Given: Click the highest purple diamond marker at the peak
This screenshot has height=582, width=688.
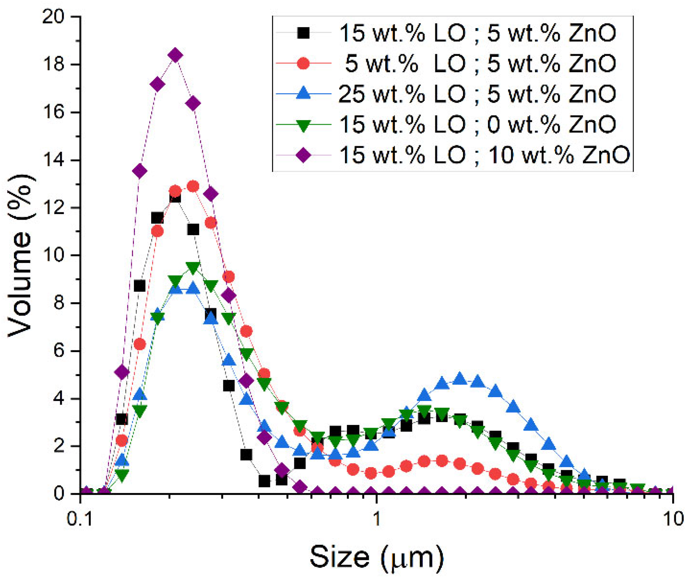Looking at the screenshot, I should point(175,55).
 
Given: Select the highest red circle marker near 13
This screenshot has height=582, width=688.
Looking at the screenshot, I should point(193,186).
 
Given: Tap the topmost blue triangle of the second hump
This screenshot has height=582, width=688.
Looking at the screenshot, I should point(459,379).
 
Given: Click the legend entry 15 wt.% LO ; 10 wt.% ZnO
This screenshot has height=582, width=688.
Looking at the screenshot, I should point(484,155).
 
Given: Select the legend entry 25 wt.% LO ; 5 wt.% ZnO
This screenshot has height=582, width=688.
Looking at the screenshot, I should point(477,94).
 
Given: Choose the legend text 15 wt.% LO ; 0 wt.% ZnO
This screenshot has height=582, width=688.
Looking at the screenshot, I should point(477,124).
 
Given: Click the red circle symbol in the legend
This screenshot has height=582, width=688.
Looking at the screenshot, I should point(303,64).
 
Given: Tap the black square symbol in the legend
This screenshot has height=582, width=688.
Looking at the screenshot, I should point(303,33).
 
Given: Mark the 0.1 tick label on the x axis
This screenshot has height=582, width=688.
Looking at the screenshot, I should point(80,519).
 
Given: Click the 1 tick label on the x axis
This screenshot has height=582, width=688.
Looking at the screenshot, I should point(377,519).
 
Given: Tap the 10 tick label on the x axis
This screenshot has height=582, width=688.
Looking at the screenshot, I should point(673,519).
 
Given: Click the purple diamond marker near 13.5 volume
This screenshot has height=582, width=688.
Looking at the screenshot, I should point(140,171).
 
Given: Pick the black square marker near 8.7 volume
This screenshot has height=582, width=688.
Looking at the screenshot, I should point(140,286).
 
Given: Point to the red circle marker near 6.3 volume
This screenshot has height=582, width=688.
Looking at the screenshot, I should point(140,344).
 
